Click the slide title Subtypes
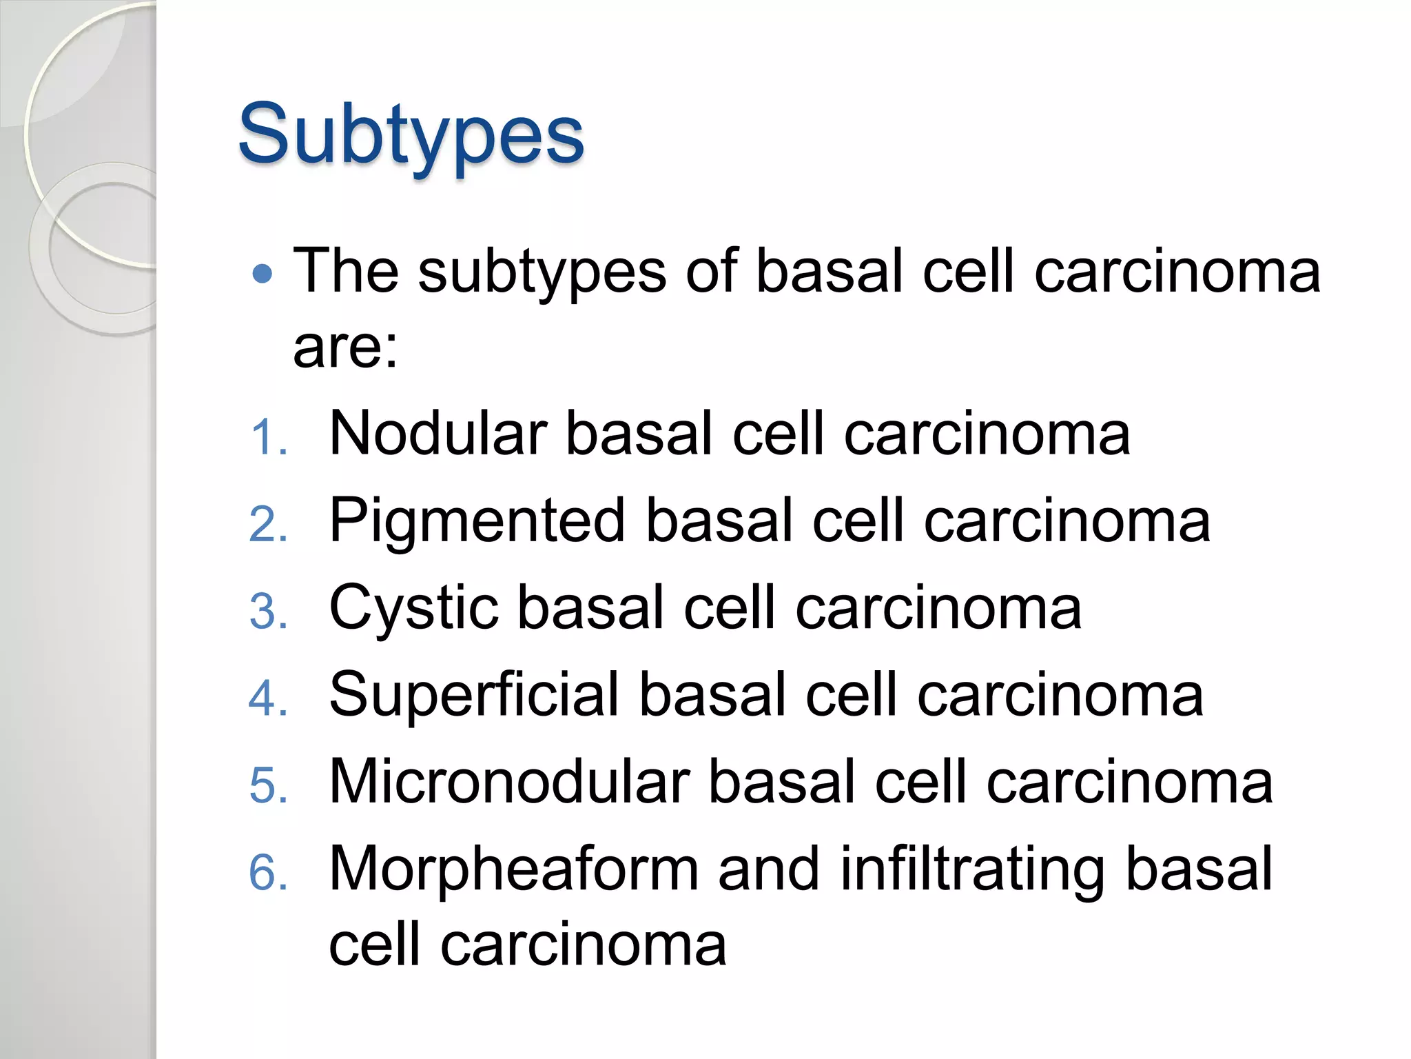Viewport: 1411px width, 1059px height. (x=411, y=134)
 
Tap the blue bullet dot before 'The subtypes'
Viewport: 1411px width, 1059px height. (x=262, y=274)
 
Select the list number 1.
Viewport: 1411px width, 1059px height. (x=268, y=438)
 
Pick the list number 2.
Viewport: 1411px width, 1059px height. (x=268, y=525)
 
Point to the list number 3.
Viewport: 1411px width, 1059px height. (x=268, y=612)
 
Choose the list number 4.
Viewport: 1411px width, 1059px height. (x=268, y=698)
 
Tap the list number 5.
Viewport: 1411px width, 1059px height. (x=268, y=785)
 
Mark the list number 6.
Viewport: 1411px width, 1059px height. (x=268, y=871)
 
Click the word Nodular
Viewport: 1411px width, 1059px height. (x=438, y=434)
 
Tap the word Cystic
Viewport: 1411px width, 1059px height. (x=413, y=609)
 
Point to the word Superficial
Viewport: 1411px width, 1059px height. (x=475, y=696)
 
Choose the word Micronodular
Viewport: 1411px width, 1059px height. (x=509, y=782)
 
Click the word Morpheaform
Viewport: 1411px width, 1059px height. (x=514, y=869)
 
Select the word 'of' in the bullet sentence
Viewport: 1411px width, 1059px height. (x=712, y=271)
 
